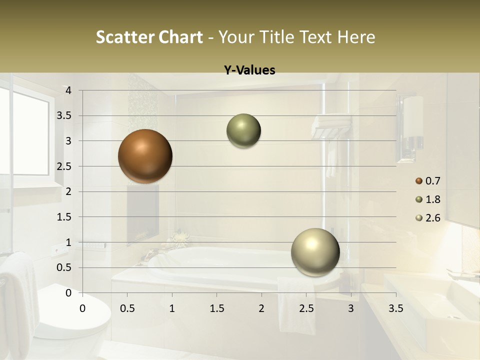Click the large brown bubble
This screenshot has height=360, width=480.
click(145, 156)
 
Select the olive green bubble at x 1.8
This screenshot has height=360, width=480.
click(243, 131)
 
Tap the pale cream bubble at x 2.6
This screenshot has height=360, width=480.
click(315, 252)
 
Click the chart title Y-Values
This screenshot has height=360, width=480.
click(249, 70)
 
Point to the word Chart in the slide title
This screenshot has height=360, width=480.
click(180, 37)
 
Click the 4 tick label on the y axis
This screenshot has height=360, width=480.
click(69, 90)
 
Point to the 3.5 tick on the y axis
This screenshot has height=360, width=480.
click(64, 115)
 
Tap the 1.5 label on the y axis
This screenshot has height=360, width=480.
click(64, 217)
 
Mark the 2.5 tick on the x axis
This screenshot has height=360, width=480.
click(306, 308)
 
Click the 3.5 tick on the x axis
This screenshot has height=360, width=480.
click(395, 308)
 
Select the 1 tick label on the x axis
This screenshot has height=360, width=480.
click(172, 308)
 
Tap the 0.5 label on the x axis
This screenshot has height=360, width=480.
click(127, 308)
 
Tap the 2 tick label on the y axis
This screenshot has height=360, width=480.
click(69, 191)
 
